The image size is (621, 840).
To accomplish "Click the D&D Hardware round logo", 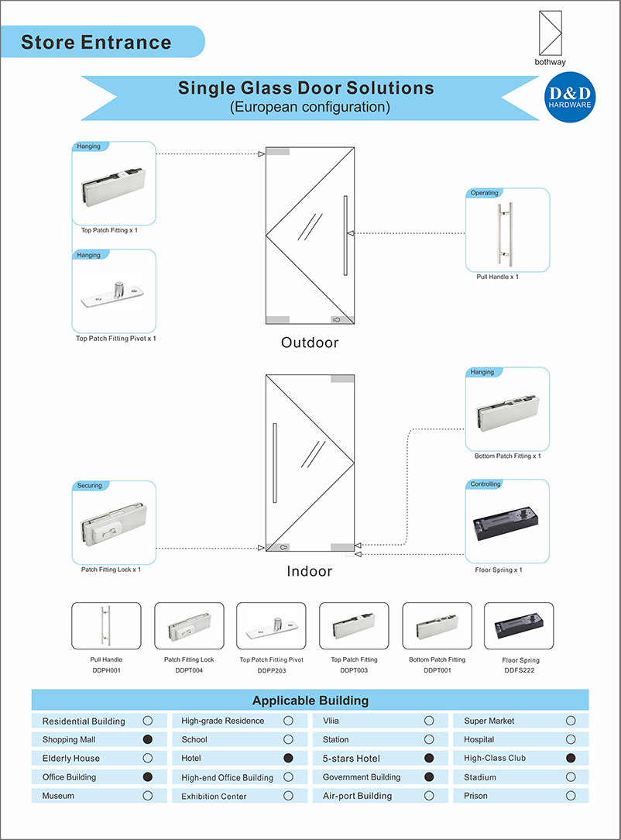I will pos(570,98).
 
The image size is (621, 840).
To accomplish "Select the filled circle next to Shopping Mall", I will pos(148,739).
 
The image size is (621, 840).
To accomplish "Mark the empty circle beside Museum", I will pos(148,795).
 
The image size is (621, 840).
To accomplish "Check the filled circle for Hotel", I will pos(288,758).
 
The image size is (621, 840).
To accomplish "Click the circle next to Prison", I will pos(571,795).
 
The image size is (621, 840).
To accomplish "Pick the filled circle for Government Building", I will pos(429,776).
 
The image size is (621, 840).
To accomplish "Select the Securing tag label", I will pos(90,486).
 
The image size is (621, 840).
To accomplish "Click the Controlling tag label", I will pos(485,484).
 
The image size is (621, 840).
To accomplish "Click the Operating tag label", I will pos(485,193).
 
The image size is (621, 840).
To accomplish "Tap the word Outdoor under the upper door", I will pos(310,342).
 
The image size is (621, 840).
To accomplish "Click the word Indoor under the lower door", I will pos(310,571).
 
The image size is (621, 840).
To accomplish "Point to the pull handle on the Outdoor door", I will pos(342,235).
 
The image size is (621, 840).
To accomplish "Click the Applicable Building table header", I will pos(310,701).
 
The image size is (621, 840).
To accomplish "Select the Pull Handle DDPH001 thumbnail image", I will pos(106,625).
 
